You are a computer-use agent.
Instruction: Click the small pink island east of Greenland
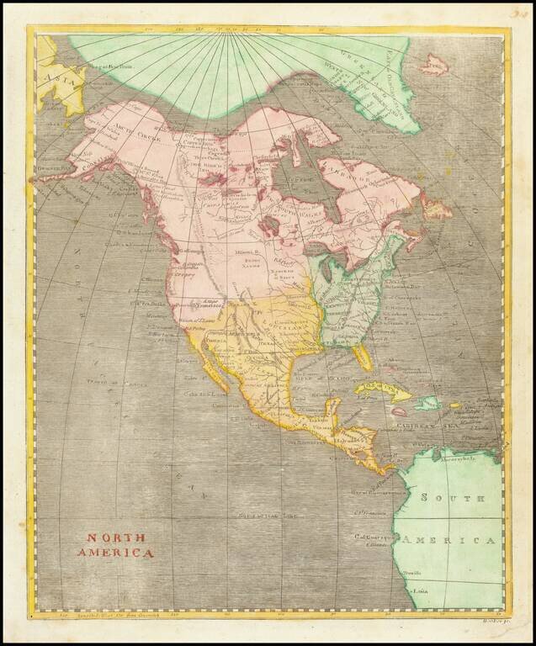pyautogui.click(x=435, y=63)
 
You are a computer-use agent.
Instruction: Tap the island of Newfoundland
pyautogui.click(x=435, y=206)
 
